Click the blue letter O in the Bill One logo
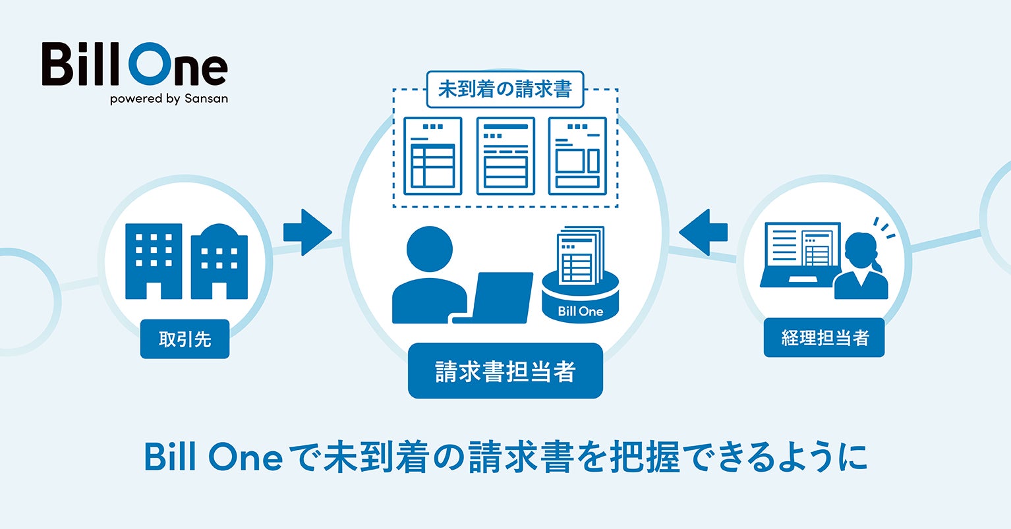[x=152, y=65]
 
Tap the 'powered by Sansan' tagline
[x=169, y=99]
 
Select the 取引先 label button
[x=185, y=339]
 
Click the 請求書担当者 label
[x=505, y=371]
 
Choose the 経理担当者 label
[x=824, y=338]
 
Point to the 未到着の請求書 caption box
[x=505, y=89]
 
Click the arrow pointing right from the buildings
[x=306, y=232]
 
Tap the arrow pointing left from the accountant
[x=703, y=232]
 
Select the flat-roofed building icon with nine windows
[x=153, y=261]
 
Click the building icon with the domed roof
[x=219, y=262]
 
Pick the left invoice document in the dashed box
[x=432, y=156]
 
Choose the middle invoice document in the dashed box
[x=505, y=156]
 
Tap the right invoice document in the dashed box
[x=577, y=156]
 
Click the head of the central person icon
[x=430, y=249]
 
